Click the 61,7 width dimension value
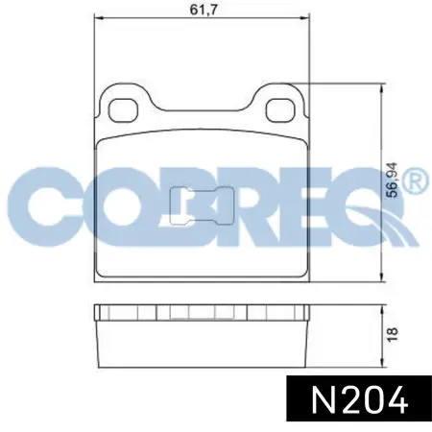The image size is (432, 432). point(204,10)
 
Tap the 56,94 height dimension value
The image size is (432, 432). point(392,180)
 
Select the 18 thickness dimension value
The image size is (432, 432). point(393,334)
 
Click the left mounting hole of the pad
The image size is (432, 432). point(123,110)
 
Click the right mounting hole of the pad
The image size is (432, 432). point(281,110)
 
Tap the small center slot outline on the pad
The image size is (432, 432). point(202,205)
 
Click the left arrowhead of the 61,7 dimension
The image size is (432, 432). point(99,19)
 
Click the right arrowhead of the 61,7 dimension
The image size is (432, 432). point(305,19)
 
